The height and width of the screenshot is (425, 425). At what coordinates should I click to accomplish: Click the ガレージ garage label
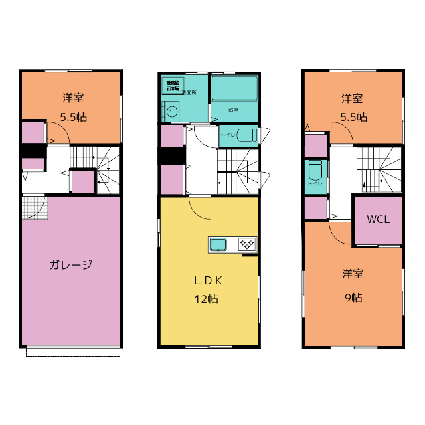[70, 264]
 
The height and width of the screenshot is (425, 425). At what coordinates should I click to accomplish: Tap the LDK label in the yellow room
[208, 280]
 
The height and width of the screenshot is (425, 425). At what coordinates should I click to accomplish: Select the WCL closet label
[378, 219]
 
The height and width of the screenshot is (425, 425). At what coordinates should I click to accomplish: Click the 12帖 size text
[207, 299]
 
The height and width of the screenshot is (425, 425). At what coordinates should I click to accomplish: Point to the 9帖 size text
[353, 297]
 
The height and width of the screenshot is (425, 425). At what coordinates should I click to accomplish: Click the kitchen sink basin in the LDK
[218, 245]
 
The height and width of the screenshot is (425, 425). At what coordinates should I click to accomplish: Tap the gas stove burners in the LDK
[247, 245]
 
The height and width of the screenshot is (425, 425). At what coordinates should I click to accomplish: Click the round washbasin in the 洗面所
[173, 112]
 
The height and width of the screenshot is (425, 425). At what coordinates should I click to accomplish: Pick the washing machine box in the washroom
[173, 86]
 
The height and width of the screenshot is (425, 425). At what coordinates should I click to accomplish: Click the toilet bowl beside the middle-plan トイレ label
[246, 135]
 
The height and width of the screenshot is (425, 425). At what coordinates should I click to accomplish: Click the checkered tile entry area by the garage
[32, 207]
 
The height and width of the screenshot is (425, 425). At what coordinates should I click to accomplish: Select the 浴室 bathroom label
[233, 110]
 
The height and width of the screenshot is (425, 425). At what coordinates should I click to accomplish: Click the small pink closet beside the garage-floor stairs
[82, 182]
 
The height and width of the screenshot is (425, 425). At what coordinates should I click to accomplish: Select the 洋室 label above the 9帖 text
[353, 274]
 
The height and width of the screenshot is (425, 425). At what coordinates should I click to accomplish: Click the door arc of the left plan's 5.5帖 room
[56, 132]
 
